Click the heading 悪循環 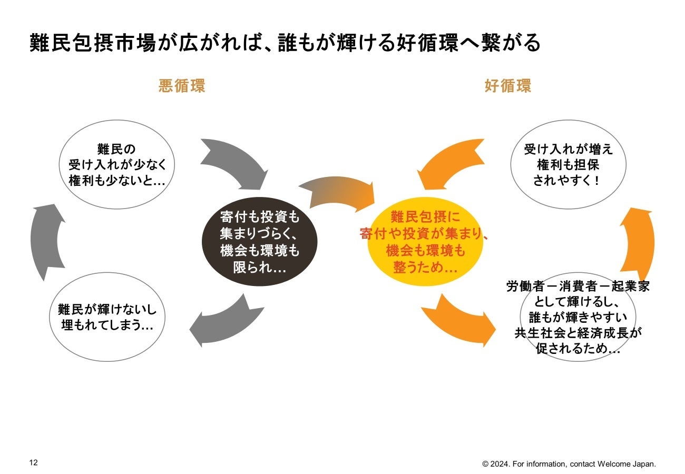[182, 86]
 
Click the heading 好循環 [507, 86]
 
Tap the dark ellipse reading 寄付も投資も [260, 242]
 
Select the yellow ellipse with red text [425, 243]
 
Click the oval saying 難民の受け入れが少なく [118, 165]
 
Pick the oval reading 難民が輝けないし [107, 317]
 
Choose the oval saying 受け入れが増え [568, 165]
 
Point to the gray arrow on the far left [46, 242]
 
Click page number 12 [33, 463]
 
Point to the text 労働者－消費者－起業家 [578, 287]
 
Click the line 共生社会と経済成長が [578, 333]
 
